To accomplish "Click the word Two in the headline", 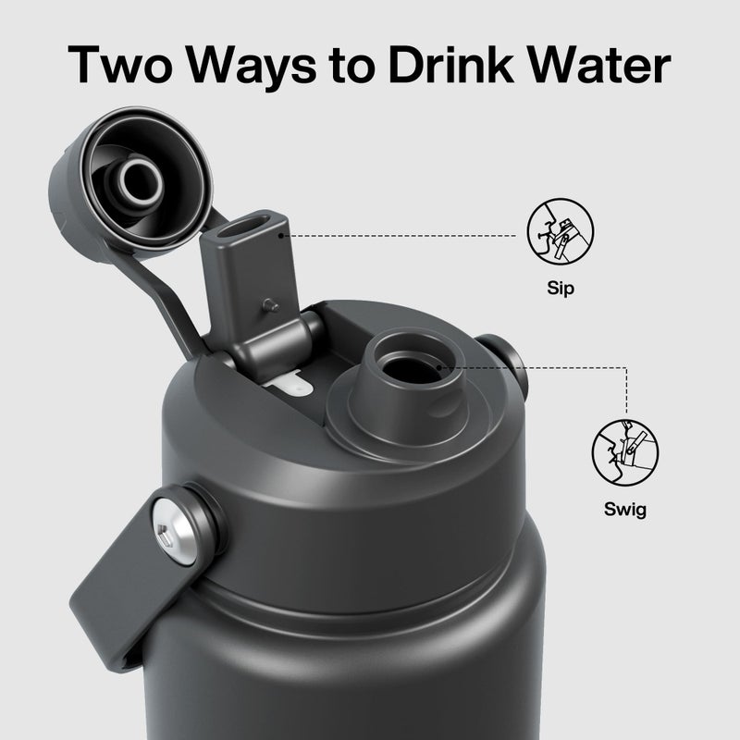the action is [120, 64].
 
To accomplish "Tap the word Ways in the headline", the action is [252, 67].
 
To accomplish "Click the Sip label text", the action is [561, 288].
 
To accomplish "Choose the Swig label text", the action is [625, 510].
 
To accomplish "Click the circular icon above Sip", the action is [561, 231].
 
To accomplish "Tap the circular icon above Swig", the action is [625, 452].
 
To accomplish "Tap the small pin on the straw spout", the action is [271, 305].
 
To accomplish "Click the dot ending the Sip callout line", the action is [282, 236].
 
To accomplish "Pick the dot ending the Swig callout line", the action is [438, 367].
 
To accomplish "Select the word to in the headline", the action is [351, 66].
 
